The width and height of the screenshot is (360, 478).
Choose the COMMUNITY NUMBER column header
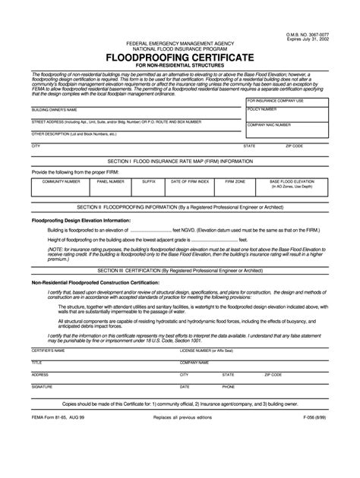[61, 182]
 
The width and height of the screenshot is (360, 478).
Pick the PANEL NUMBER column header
[111, 182]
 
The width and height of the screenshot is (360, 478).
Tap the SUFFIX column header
[149, 182]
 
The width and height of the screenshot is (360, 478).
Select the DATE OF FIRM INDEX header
[189, 182]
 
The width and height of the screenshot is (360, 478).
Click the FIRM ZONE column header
[235, 182]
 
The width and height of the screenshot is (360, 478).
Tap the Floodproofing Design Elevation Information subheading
[81, 220]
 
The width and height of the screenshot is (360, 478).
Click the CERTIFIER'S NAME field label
[48, 351]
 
